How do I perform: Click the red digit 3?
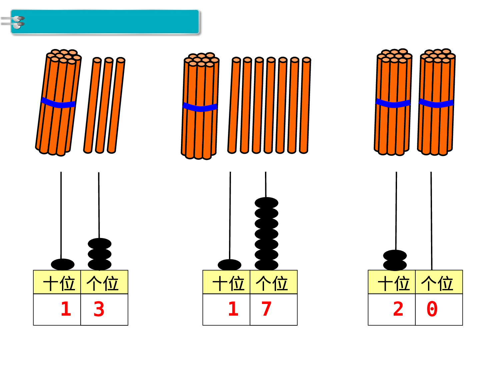[x=99, y=309]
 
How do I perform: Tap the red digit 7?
[x=266, y=309]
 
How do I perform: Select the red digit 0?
[x=432, y=309]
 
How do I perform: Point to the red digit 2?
[x=398, y=309]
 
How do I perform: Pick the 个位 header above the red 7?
[x=272, y=283]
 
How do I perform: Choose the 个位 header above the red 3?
[x=103, y=283]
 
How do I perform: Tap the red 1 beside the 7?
[x=233, y=309]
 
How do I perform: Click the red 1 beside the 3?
[x=66, y=309]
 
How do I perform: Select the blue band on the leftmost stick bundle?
[x=58, y=103]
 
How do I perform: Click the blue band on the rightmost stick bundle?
[x=436, y=103]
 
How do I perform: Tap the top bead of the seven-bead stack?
[x=266, y=203]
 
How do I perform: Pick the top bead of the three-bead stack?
[x=99, y=243]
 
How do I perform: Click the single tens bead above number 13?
[x=63, y=264]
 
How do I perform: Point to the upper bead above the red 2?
[x=395, y=255]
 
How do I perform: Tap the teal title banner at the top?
[x=110, y=22]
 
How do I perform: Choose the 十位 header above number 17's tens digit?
[x=229, y=283]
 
